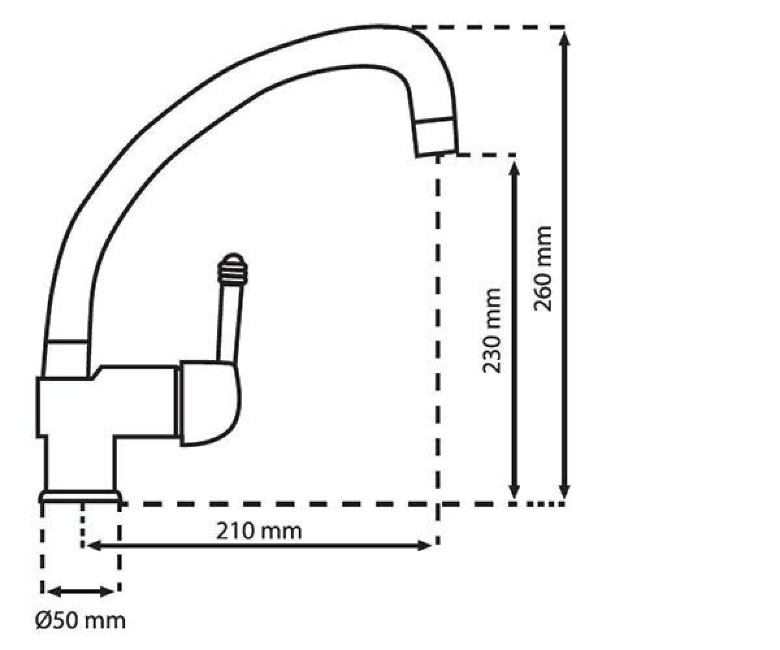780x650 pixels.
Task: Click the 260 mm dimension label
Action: [x=543, y=268]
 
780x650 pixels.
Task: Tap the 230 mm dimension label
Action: [x=491, y=331]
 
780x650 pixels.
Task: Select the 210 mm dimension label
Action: [x=259, y=531]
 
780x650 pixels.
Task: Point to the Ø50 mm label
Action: [x=81, y=621]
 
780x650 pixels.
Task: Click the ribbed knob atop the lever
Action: [x=232, y=268]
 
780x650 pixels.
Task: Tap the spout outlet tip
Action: [x=436, y=154]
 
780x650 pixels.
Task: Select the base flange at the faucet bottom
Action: [x=80, y=496]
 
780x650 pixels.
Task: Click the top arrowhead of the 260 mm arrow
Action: [x=564, y=38]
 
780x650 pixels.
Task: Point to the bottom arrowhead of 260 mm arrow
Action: [x=564, y=491]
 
